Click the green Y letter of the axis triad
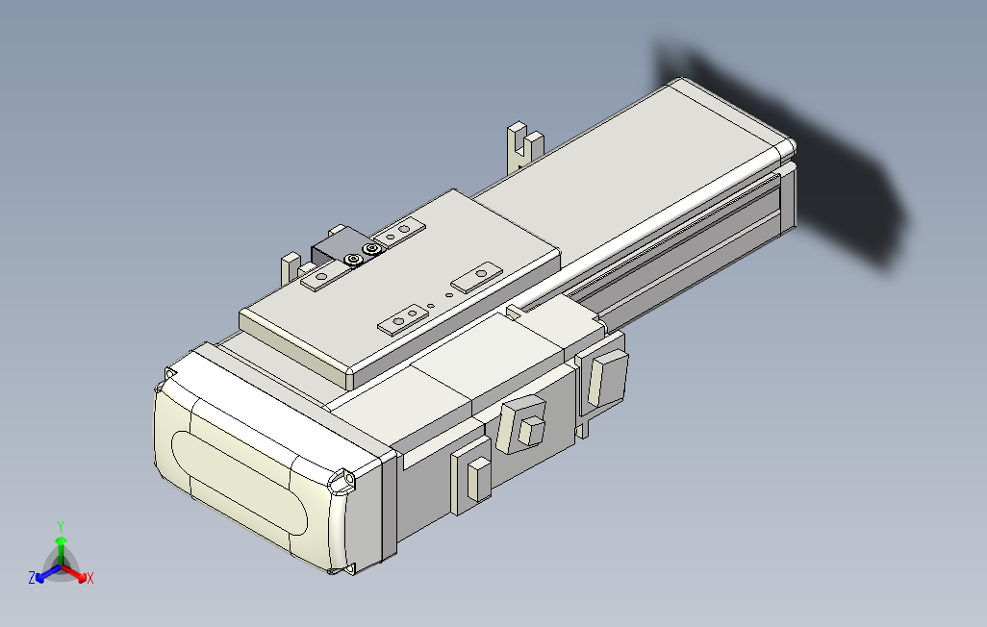(60, 526)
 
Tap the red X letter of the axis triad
(89, 578)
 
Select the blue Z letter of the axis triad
(32, 578)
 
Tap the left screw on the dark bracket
(355, 260)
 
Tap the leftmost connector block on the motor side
(471, 474)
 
